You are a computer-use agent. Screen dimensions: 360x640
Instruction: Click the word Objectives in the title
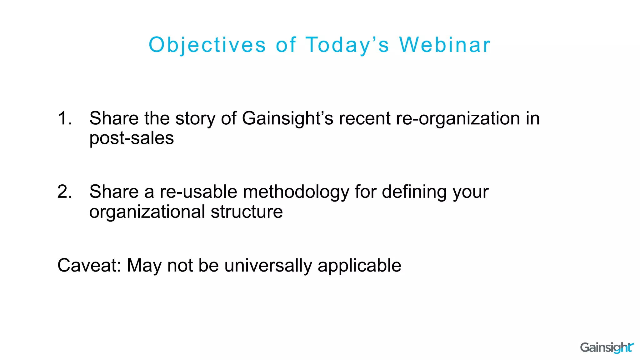click(x=207, y=45)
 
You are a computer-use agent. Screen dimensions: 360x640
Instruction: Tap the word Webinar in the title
click(x=445, y=45)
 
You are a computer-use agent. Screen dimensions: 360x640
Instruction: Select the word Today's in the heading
click(x=347, y=45)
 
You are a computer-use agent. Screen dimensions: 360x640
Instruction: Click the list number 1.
click(x=65, y=118)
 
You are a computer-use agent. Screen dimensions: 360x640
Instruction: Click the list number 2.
click(x=65, y=192)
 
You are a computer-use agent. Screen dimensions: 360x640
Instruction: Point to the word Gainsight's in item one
click(x=287, y=119)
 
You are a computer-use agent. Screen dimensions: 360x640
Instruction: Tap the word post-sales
click(x=132, y=138)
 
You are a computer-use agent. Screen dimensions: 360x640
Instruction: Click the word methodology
click(x=296, y=192)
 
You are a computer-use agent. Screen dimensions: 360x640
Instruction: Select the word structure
click(x=247, y=212)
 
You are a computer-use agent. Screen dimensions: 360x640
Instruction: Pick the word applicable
click(x=359, y=266)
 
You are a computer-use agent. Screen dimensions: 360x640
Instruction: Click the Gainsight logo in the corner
click(x=607, y=347)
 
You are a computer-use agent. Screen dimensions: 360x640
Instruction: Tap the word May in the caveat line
click(x=144, y=266)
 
